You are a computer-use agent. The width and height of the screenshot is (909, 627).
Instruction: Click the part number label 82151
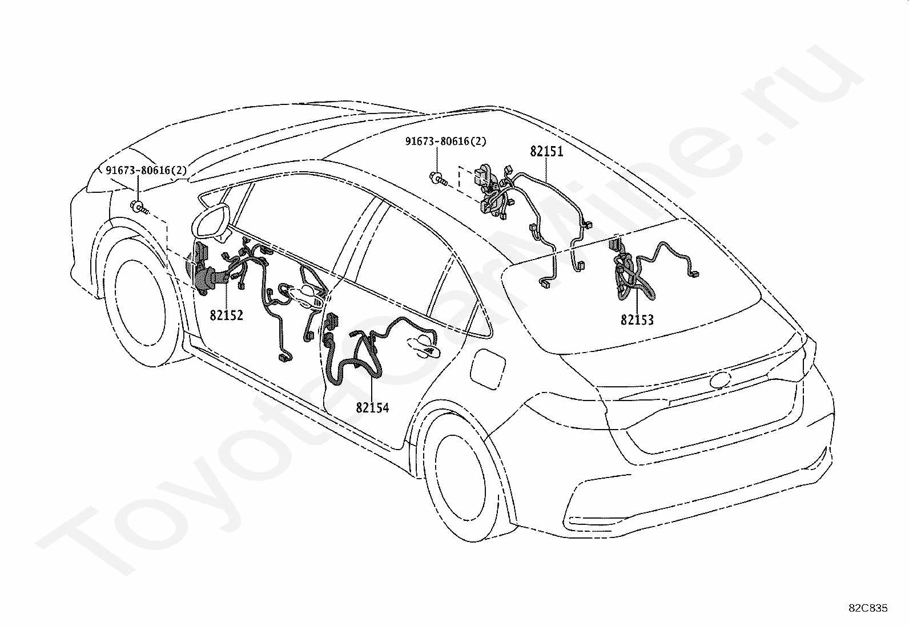(546, 152)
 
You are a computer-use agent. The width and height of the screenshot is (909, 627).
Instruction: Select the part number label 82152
(226, 315)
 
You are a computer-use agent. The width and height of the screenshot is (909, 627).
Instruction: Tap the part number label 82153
(637, 320)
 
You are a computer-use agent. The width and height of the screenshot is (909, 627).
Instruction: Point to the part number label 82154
(372, 407)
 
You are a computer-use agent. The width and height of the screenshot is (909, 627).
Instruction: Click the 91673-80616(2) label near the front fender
(146, 170)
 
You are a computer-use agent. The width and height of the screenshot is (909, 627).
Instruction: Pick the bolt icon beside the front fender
(139, 207)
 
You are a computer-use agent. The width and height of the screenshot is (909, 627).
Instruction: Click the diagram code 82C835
(868, 609)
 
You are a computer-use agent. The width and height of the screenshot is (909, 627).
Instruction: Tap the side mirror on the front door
(212, 223)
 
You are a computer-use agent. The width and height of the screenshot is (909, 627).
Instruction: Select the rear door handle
(421, 344)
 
